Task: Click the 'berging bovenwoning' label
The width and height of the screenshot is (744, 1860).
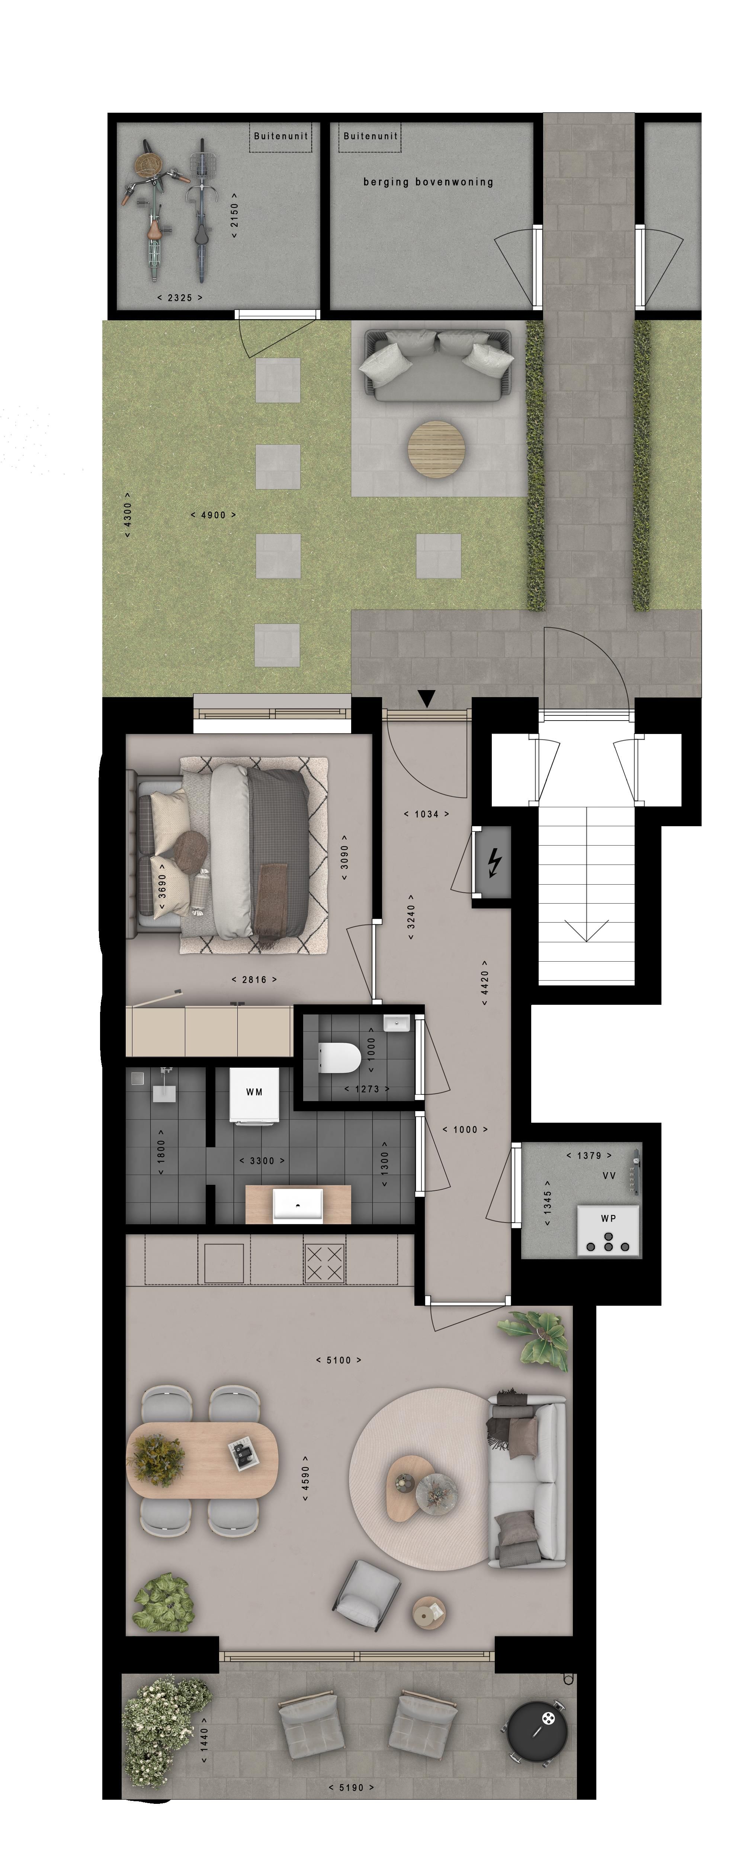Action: pos(428,182)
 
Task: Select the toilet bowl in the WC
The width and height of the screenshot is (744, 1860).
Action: pos(340,1058)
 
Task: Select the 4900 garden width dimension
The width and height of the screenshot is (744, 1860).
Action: pos(213,515)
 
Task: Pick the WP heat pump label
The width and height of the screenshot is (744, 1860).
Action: pos(608,1218)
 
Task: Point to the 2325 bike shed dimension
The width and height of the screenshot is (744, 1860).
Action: pos(180,298)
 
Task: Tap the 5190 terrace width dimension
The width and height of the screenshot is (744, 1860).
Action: pos(351,1788)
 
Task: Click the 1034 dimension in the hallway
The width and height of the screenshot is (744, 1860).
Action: pos(426,814)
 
